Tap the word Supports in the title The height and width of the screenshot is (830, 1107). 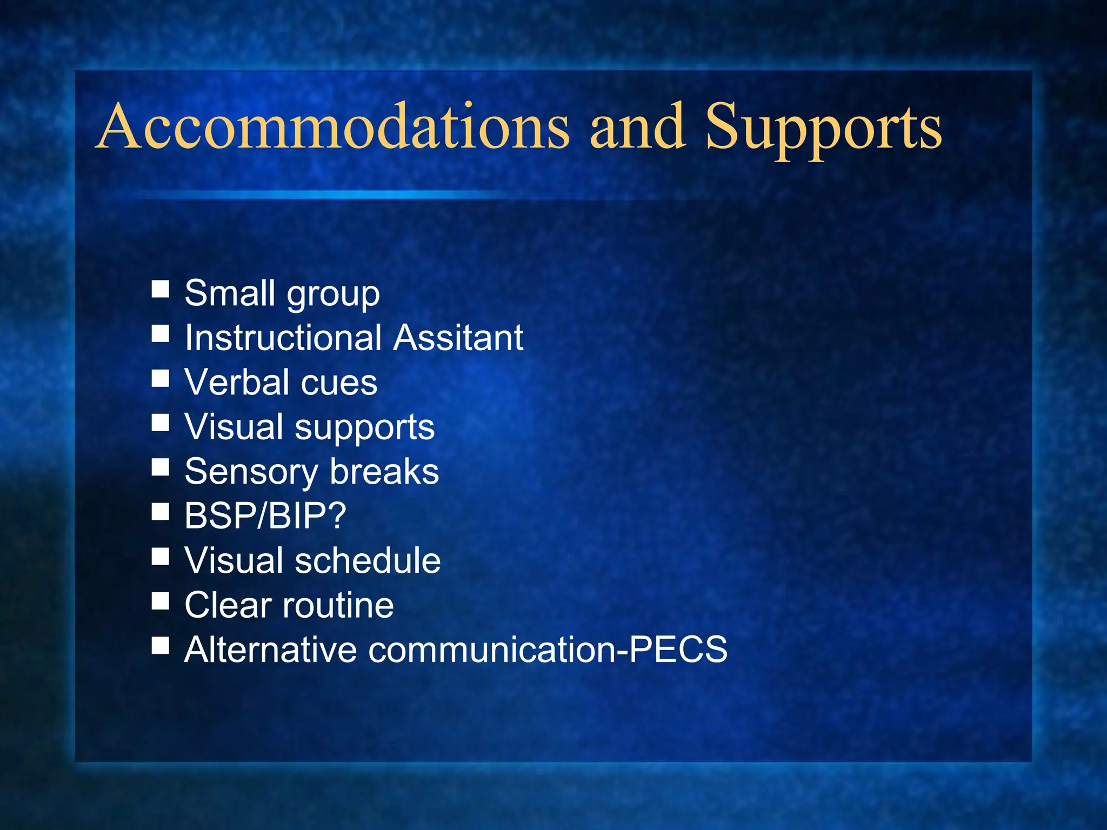tap(824, 130)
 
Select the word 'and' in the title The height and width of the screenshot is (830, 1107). tap(638, 127)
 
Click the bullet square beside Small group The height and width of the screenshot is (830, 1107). tap(161, 289)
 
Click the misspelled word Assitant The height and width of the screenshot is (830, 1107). tap(458, 338)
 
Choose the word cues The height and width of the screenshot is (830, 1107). tap(339, 384)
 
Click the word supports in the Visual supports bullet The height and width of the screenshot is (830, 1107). tap(364, 429)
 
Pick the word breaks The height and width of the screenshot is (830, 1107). tap(384, 472)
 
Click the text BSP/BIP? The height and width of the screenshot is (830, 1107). tap(265, 516)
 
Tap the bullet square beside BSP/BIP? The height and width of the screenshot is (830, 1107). tap(161, 511)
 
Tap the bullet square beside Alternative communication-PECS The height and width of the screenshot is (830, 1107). tap(161, 645)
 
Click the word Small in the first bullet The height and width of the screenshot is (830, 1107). tap(230, 293)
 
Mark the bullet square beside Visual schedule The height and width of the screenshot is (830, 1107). tap(161, 556)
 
